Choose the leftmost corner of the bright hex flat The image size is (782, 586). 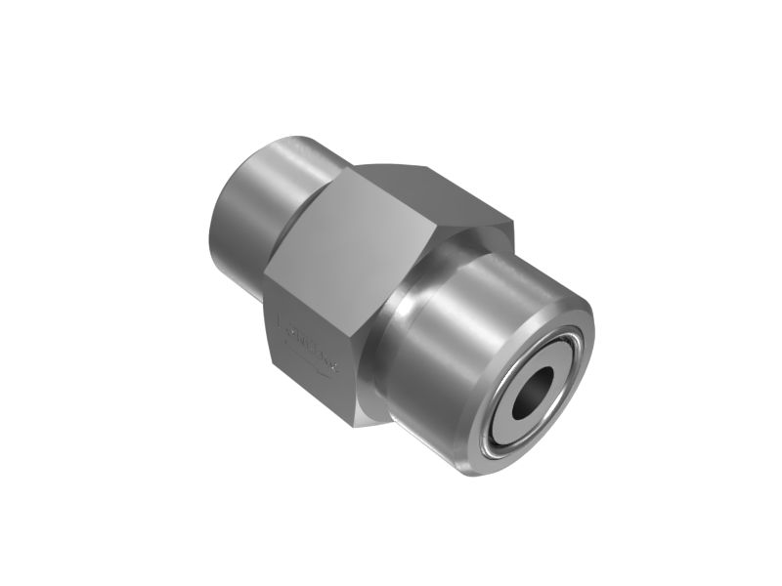point(265,259)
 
